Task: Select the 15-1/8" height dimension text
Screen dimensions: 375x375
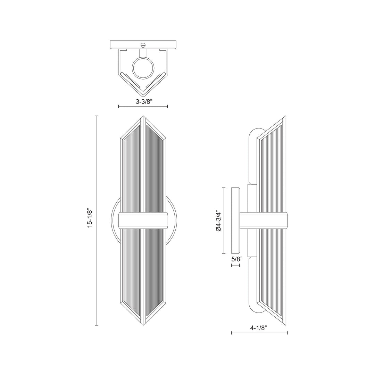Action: tap(90, 218)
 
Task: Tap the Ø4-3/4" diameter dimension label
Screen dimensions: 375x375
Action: tap(218, 221)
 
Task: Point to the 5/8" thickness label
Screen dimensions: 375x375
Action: tap(236, 259)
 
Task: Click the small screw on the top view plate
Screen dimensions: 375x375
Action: tap(143, 44)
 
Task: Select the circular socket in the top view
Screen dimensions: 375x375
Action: tap(143, 68)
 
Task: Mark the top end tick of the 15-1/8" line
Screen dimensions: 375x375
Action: tap(97, 116)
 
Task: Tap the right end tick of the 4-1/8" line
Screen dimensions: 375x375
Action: tap(287, 333)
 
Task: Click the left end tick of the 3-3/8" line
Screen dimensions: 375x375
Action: tap(119, 106)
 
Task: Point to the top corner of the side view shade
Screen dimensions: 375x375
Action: tap(285, 117)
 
